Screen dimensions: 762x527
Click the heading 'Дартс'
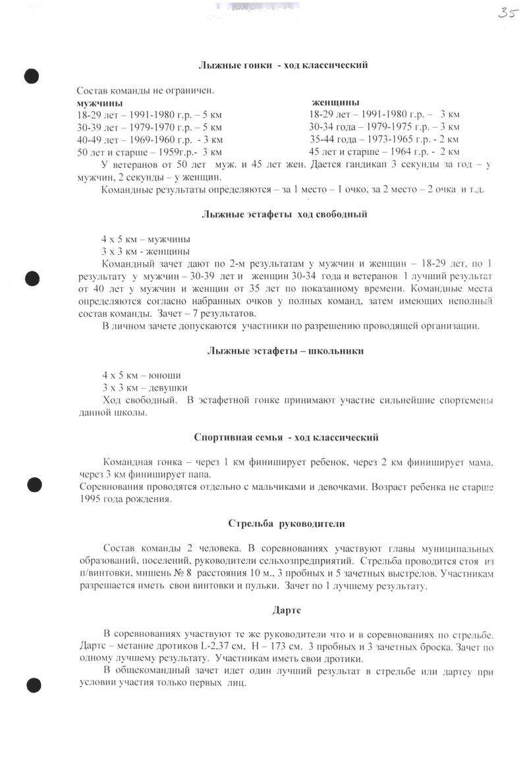pos(287,610)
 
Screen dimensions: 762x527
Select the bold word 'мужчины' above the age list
pos(99,103)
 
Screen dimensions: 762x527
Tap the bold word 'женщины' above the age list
pos(335,103)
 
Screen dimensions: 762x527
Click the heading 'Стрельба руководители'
pos(287,524)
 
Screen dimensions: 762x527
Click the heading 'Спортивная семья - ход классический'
pos(287,437)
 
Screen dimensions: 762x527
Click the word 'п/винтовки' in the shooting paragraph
pos(99,573)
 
